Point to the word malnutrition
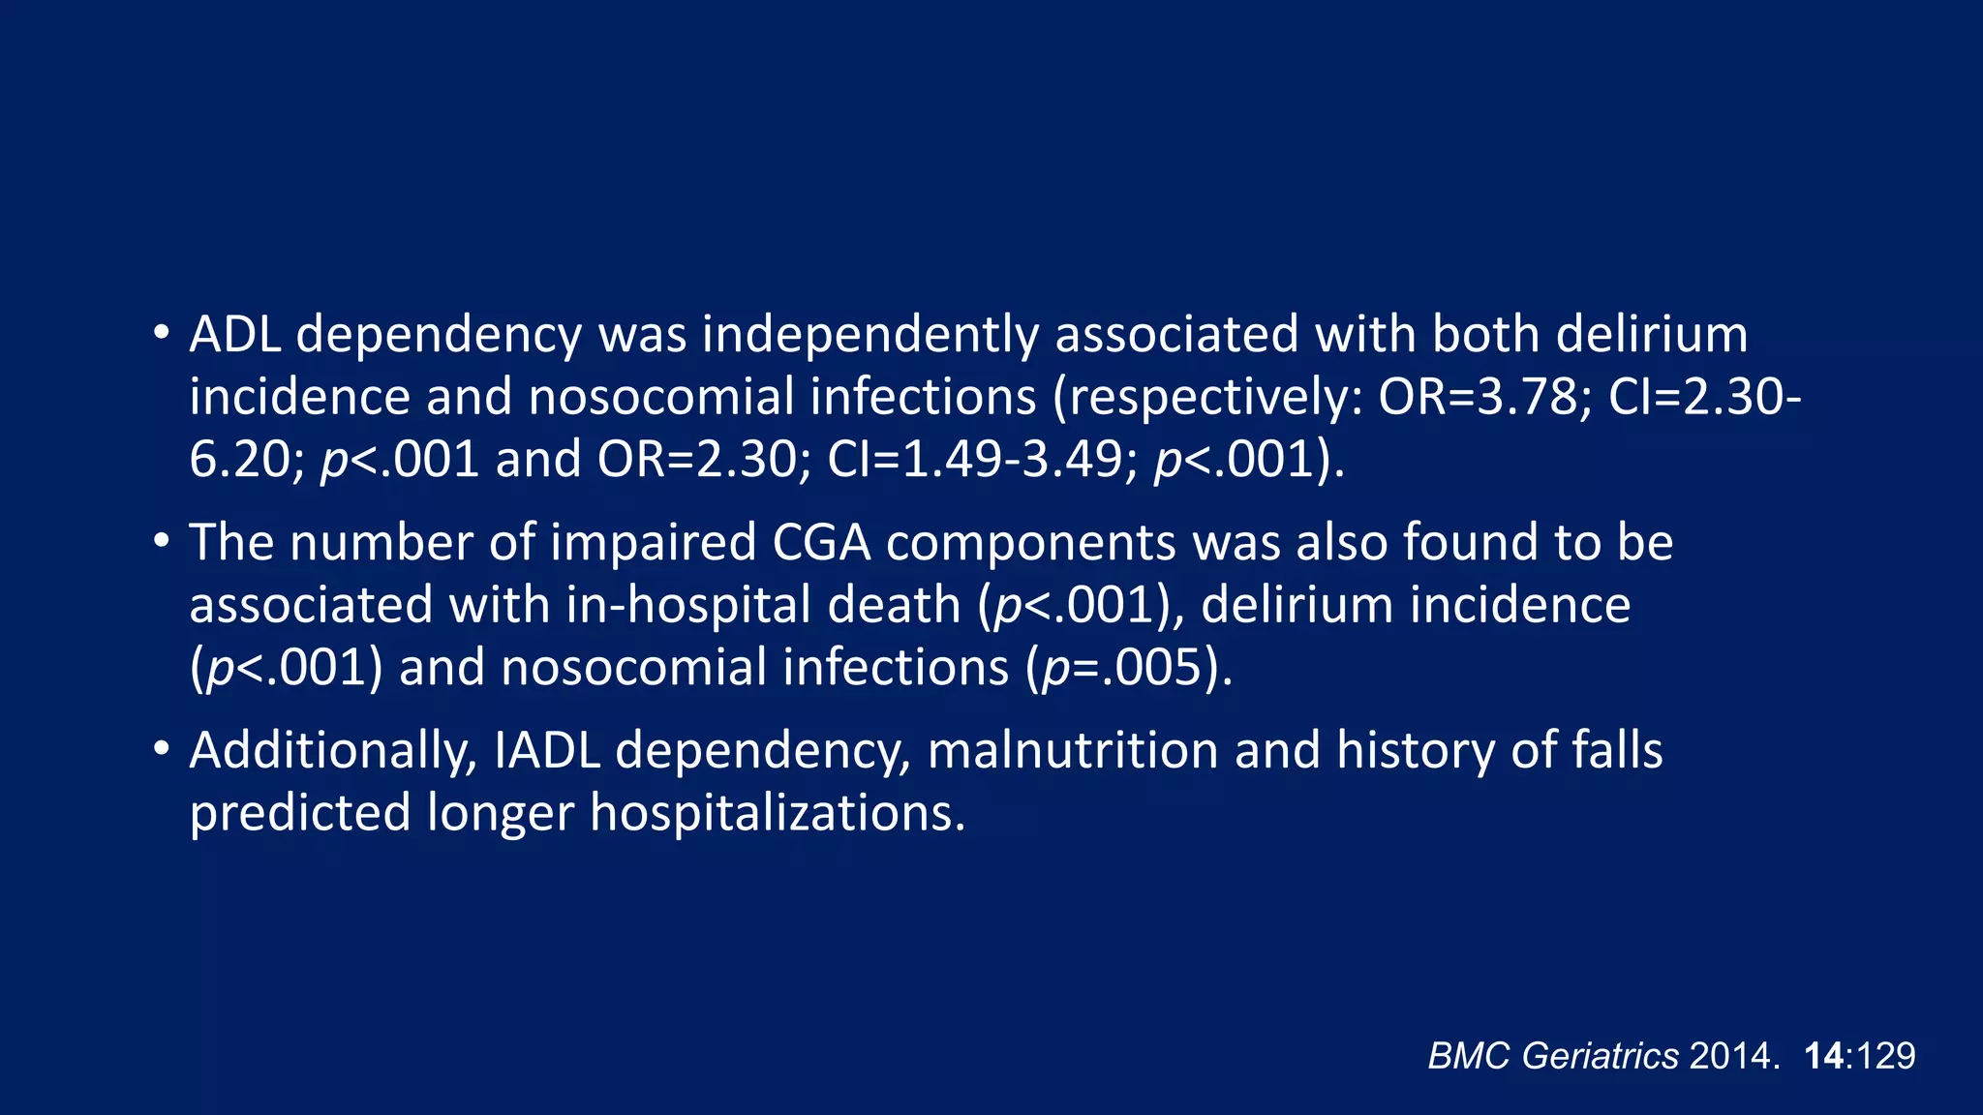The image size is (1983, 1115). click(1072, 750)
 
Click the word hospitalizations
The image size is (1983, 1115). click(778, 812)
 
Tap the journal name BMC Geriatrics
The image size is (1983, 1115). click(1552, 1055)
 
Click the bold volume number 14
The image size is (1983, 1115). click(1824, 1055)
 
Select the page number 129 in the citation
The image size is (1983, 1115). click(1886, 1055)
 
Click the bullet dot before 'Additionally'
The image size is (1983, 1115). click(161, 749)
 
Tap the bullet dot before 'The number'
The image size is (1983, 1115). click(161, 541)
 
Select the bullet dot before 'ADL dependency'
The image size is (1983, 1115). click(161, 334)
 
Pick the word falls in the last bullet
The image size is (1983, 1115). click(1617, 750)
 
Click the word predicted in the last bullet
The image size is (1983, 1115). click(300, 812)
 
